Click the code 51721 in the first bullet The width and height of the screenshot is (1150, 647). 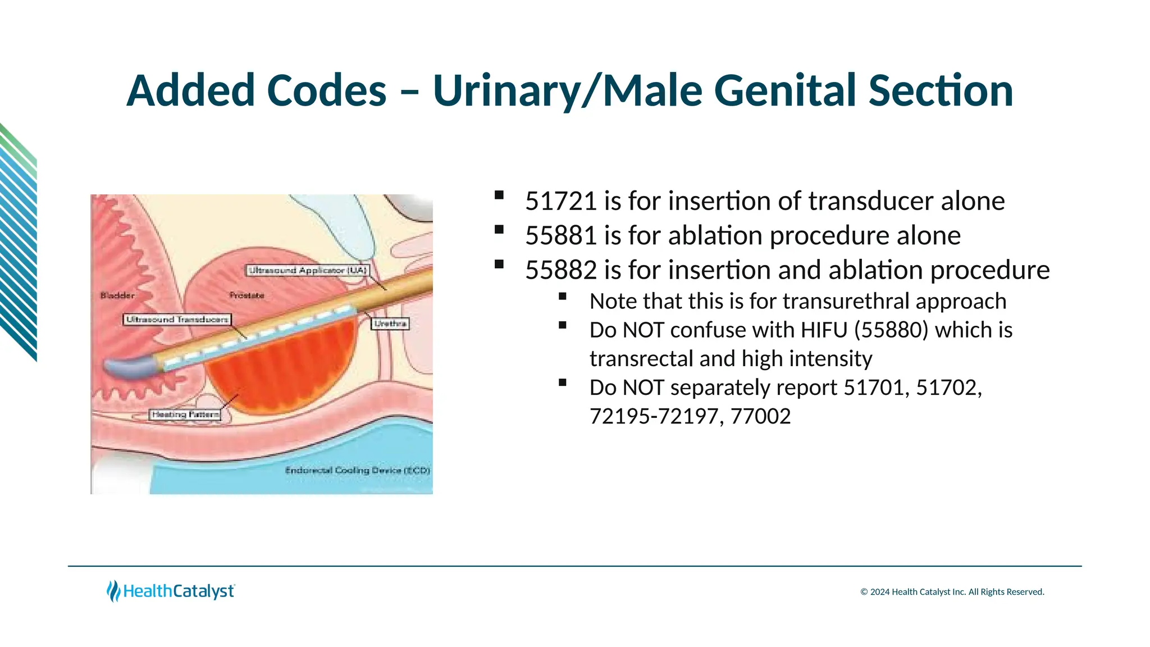click(x=560, y=201)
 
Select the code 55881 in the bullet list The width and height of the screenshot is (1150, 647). click(x=560, y=235)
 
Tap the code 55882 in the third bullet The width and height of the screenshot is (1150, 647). click(x=560, y=270)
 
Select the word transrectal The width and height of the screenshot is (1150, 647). click(x=641, y=359)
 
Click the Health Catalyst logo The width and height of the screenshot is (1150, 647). click(x=171, y=591)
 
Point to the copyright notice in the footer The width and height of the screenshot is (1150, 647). click(x=952, y=592)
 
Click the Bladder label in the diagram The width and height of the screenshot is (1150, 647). click(x=117, y=295)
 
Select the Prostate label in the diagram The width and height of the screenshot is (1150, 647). click(x=247, y=295)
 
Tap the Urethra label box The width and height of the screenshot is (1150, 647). click(x=390, y=323)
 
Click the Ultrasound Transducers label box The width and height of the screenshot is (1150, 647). click(x=177, y=320)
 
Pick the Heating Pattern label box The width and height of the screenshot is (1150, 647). click(x=185, y=414)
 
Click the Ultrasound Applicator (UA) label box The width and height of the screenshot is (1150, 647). click(x=308, y=271)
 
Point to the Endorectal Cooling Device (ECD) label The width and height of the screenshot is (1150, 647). click(x=357, y=470)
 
